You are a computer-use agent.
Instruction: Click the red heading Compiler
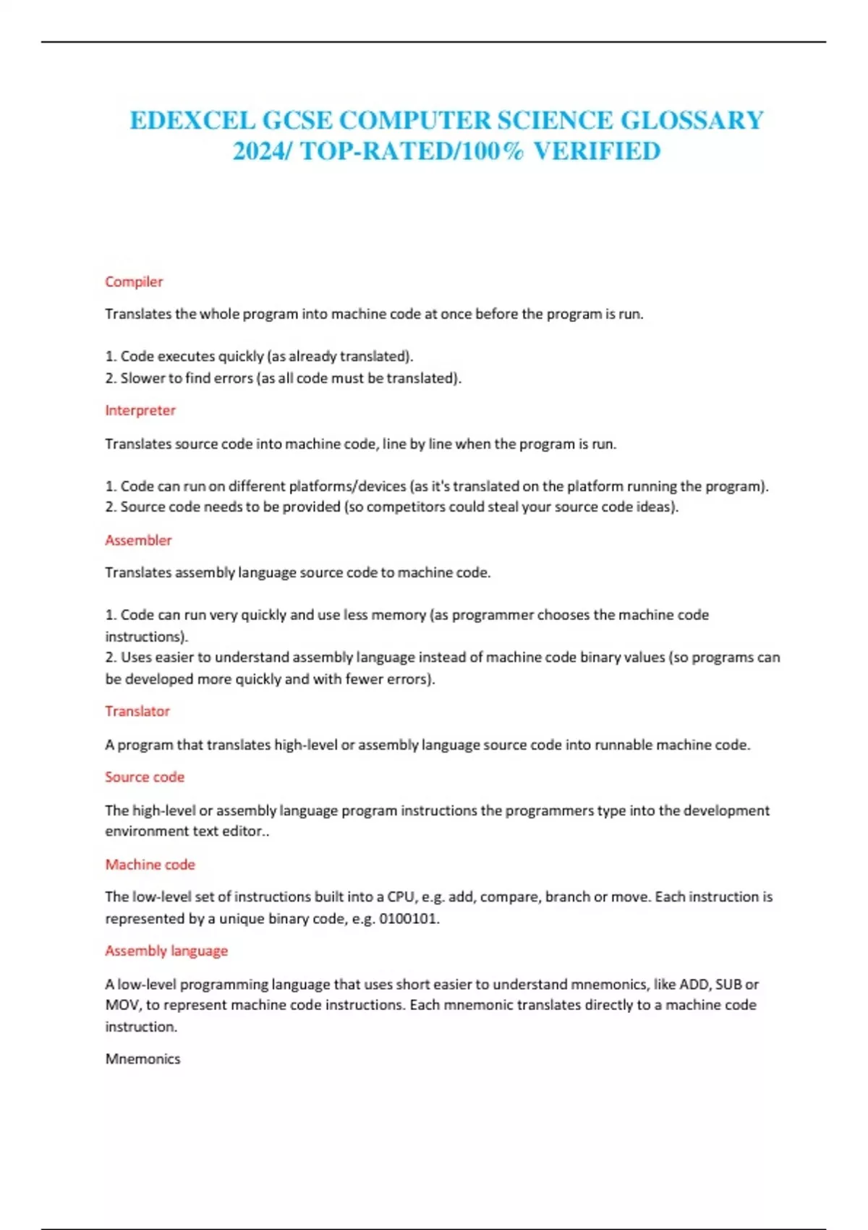click(x=134, y=281)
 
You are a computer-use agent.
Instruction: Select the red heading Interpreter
click(x=140, y=410)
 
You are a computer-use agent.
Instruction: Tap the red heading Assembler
click(x=138, y=540)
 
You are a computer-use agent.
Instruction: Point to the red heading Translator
click(x=137, y=711)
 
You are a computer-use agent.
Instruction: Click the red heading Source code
click(x=145, y=777)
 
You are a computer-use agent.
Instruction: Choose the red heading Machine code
click(x=150, y=865)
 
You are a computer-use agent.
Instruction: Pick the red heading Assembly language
click(x=166, y=951)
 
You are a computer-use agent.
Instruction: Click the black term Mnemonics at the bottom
click(x=142, y=1059)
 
